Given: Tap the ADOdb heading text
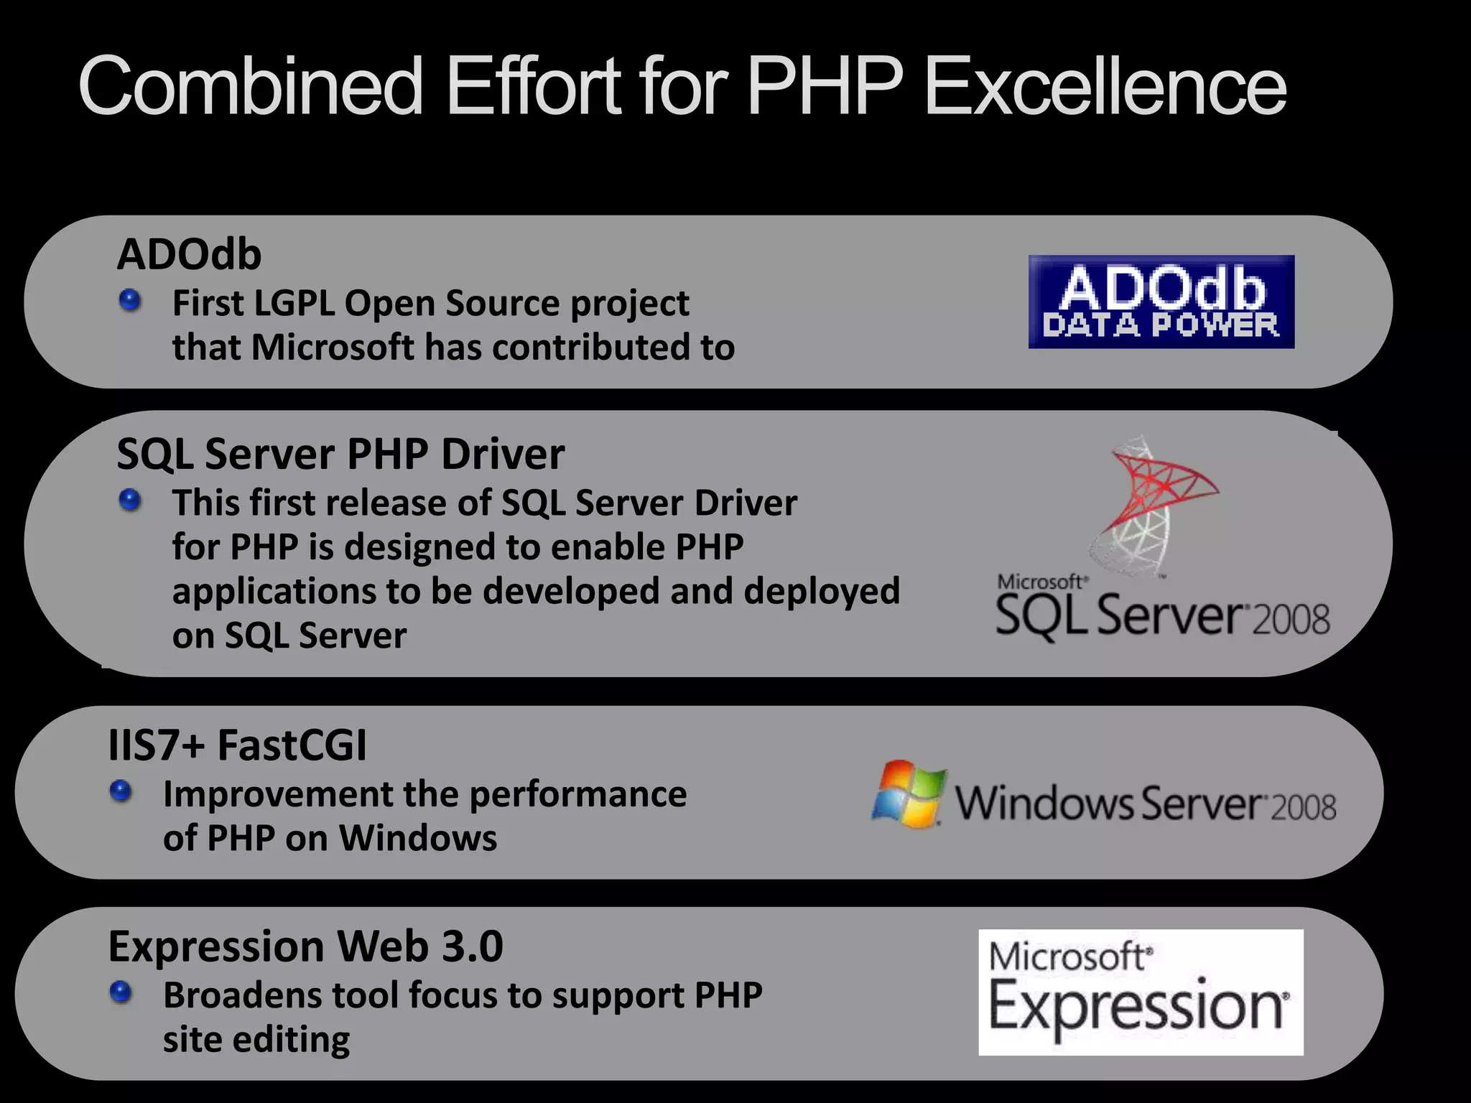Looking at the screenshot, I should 189,254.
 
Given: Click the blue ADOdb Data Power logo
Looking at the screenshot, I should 1161,302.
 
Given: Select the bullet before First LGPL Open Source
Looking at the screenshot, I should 130,300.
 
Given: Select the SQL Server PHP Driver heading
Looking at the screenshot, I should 340,454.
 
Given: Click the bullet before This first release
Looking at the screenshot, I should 130,500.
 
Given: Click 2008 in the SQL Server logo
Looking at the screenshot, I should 1291,619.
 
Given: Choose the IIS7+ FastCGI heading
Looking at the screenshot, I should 237,745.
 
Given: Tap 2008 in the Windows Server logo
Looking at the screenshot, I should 1304,807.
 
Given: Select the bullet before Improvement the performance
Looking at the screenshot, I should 121,791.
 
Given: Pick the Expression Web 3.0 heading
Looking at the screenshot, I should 305,946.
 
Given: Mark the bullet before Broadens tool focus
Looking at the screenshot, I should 121,992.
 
